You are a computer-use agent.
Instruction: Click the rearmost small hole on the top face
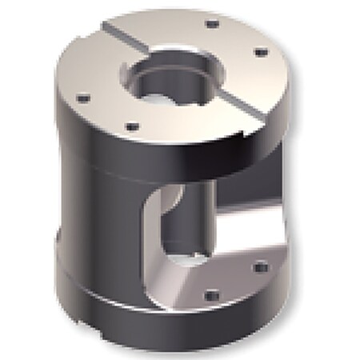(211, 24)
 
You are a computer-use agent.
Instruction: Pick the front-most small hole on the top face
(128, 126)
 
